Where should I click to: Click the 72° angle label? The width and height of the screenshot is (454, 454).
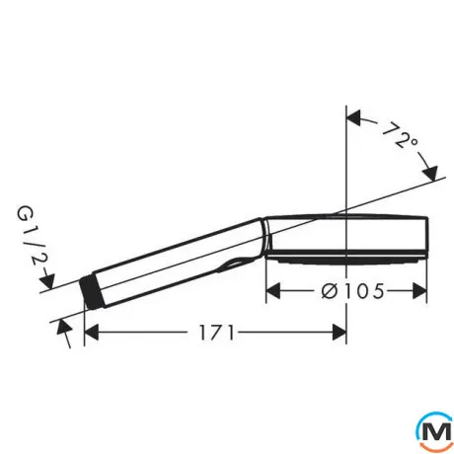(400, 135)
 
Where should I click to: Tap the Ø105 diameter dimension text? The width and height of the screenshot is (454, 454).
(352, 291)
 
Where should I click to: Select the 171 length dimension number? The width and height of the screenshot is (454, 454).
(216, 333)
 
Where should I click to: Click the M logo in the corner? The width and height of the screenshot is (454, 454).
(434, 430)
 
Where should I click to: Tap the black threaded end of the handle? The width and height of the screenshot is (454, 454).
(92, 291)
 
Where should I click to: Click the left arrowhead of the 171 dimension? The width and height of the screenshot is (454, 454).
(92, 333)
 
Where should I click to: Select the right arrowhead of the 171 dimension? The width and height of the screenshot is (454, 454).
(340, 333)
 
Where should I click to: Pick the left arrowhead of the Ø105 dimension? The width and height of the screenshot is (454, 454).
(272, 291)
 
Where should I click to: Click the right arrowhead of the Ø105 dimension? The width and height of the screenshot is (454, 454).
(419, 291)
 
